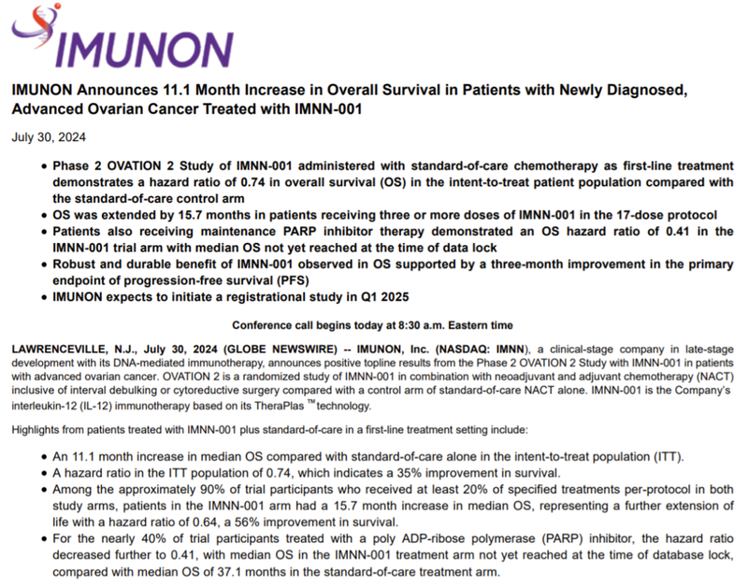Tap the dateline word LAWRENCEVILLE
pyautogui.click(x=55, y=348)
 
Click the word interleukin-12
pyautogui.click(x=48, y=407)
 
